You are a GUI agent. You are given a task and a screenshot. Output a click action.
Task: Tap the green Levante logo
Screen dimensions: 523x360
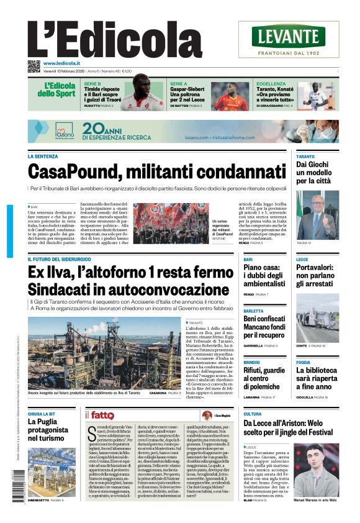(289, 36)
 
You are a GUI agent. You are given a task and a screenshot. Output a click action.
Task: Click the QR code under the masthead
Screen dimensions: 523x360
(34, 66)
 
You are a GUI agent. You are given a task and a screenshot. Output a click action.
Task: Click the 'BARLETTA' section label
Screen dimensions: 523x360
(253, 311)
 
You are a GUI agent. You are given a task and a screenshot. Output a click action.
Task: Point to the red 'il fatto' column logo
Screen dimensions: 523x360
(99, 416)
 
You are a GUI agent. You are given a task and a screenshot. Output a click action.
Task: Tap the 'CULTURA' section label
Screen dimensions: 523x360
(253, 414)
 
